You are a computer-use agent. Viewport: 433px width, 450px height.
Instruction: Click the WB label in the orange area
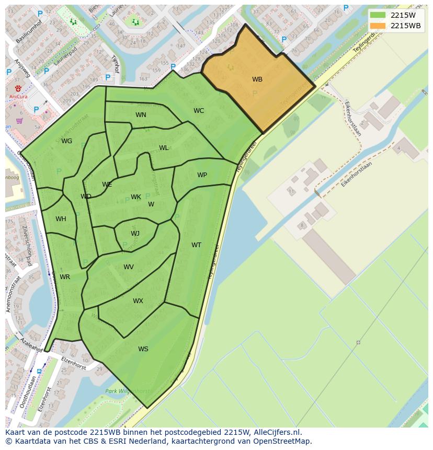257,79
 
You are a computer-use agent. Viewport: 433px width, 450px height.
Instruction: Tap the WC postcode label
199,111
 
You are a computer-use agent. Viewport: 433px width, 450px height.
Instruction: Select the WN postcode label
141,115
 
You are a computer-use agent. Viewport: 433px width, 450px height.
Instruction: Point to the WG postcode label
66,141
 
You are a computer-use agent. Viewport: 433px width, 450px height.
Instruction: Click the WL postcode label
164,148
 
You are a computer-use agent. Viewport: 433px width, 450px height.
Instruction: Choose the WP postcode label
202,175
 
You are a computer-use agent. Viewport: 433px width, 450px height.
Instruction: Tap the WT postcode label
196,245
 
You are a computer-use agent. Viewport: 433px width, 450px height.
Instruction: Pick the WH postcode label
61,219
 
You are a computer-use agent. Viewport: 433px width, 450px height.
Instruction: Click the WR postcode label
65,277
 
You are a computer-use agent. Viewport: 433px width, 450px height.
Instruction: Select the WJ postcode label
135,234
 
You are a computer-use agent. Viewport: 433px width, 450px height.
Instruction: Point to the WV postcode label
129,267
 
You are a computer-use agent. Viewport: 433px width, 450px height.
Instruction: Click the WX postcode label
138,301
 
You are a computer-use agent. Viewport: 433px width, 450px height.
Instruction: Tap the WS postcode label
143,349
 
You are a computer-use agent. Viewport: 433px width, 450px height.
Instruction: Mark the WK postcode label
136,197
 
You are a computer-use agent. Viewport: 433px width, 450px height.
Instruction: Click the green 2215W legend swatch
378,15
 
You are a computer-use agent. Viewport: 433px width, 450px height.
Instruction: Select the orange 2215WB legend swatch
378,26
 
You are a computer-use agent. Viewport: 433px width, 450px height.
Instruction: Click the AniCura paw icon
18,88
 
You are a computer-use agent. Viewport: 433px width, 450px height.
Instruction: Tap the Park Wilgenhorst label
127,391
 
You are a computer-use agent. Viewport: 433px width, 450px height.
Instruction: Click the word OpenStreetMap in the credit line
282,441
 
